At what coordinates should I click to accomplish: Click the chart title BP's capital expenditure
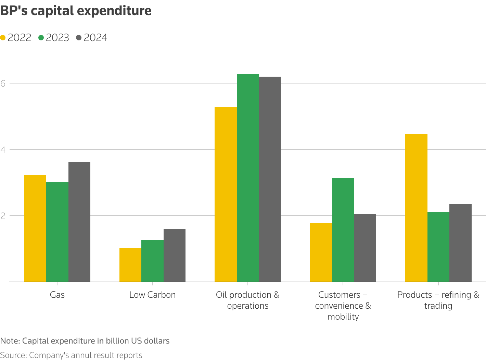76,11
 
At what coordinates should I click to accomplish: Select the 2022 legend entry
16,38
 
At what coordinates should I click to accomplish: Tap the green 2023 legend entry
54,38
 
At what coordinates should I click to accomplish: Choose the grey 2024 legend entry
92,38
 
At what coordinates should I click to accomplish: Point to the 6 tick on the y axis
3,83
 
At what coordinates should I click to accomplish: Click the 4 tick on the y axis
3,150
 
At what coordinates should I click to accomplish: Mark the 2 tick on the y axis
3,216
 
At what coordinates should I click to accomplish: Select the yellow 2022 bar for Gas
35,228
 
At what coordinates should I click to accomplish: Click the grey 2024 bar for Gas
79,222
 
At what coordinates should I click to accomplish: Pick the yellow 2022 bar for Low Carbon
130,265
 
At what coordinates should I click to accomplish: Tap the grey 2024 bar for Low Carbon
175,255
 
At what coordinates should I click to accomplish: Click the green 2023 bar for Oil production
248,178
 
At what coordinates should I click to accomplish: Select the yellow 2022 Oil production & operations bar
226,194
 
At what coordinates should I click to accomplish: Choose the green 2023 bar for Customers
343,230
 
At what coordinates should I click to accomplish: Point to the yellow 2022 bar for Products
416,208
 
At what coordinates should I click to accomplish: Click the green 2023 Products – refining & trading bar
438,247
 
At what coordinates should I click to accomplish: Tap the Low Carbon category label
152,295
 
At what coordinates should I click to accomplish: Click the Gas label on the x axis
57,295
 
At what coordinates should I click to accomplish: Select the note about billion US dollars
85,341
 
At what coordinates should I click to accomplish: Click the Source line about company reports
71,355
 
